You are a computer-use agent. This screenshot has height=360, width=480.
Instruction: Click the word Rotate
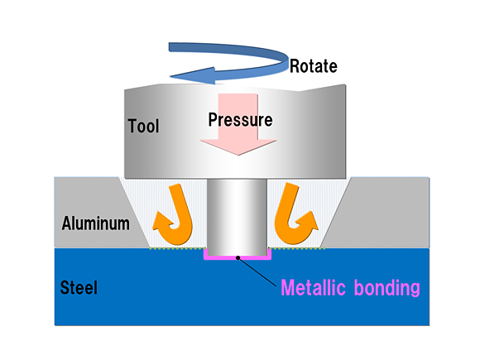point(314,66)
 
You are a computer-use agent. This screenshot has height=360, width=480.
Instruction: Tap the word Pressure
point(240,119)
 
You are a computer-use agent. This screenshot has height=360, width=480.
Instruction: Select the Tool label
point(143,126)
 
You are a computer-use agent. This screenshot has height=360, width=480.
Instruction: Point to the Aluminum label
point(95,223)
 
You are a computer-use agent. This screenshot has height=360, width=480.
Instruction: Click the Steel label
point(79,287)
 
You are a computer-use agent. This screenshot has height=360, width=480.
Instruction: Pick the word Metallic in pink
point(313,287)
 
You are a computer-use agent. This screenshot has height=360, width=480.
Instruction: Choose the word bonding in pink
point(387,288)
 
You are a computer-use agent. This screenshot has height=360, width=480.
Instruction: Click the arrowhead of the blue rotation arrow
point(193,75)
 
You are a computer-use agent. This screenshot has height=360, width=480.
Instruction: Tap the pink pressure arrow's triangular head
point(238,147)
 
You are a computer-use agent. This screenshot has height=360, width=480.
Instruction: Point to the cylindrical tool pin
point(237,218)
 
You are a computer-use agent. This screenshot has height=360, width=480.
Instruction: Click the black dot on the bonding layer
point(238,258)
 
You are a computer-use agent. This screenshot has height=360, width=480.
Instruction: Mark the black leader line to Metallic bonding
point(257,272)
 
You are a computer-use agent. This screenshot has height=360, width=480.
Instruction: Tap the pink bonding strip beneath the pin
point(238,258)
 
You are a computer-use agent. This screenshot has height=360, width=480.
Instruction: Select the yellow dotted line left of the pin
point(177,248)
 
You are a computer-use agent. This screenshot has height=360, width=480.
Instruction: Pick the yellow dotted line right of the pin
point(297,248)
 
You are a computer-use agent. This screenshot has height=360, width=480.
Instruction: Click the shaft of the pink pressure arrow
point(238,117)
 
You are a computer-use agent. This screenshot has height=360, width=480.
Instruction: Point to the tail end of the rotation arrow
point(170,47)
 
